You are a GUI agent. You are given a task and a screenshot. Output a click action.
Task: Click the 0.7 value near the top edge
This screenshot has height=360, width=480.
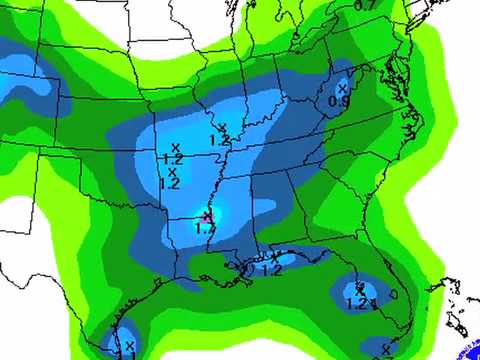[365, 6]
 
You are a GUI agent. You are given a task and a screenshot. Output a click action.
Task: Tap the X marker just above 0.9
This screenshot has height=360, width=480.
[342, 89]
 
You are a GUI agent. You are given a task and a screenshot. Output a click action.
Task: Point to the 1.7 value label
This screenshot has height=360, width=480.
[205, 229]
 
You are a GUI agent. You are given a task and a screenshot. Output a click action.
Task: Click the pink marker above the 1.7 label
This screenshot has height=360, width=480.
[206, 215]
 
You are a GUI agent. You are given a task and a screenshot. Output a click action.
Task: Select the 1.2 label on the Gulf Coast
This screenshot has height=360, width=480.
[270, 269]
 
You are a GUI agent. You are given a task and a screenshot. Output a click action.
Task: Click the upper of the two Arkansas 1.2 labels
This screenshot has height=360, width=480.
[171, 159]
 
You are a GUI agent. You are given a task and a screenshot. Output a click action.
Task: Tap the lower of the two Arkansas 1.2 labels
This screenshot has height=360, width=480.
[169, 183]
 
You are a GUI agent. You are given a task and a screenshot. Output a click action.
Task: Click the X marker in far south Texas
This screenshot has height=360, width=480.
[128, 346]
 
